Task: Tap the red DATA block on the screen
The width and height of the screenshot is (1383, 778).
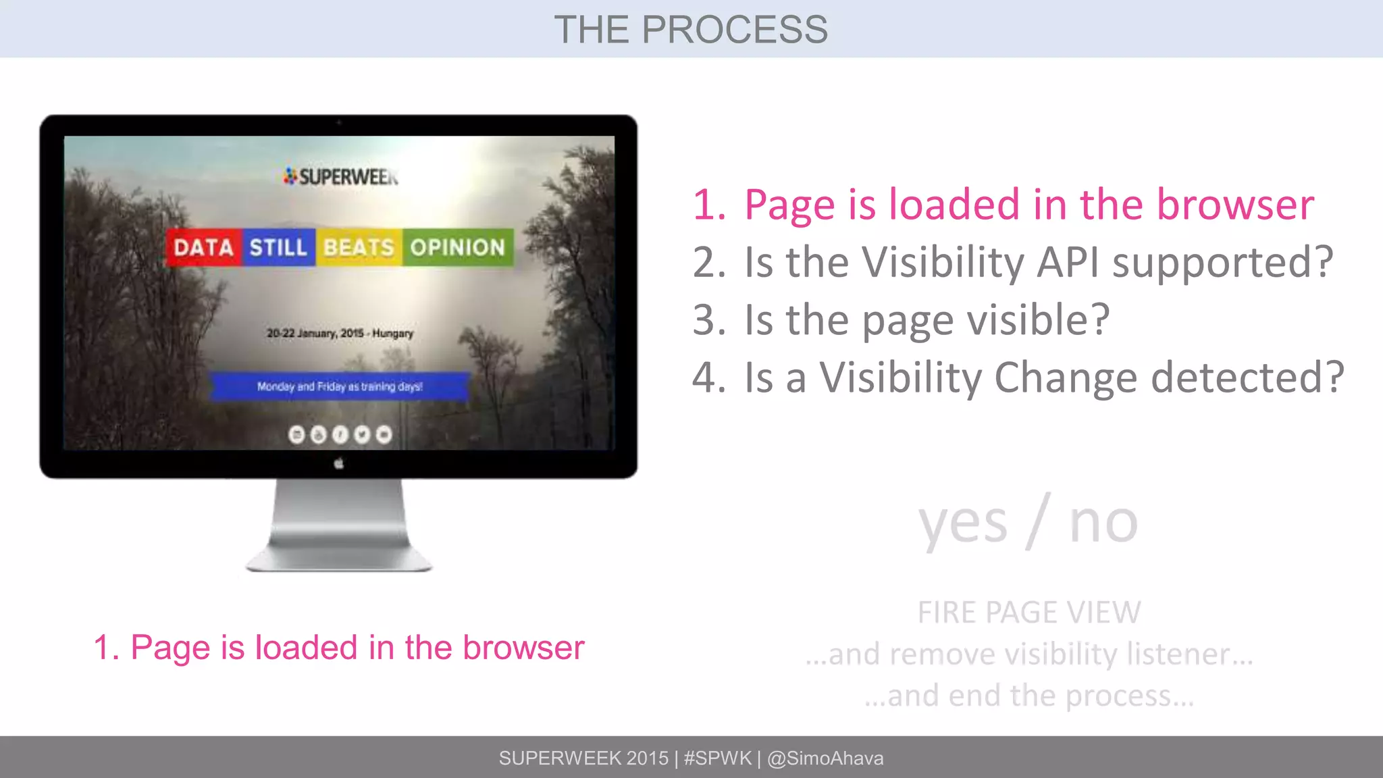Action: click(x=203, y=247)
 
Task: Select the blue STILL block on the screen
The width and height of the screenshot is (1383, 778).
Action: click(x=278, y=247)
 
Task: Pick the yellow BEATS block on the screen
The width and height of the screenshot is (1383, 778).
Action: click(x=359, y=247)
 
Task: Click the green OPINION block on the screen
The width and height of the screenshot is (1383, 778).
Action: click(x=458, y=247)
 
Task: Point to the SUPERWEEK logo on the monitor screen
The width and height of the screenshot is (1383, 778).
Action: click(x=341, y=177)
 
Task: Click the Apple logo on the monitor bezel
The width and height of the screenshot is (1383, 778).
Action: click(x=339, y=464)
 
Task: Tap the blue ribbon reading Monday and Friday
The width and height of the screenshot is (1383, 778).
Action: click(x=339, y=386)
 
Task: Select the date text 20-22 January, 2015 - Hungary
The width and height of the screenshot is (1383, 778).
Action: click(x=340, y=333)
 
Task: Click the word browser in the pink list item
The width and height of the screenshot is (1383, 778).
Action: click(x=1235, y=204)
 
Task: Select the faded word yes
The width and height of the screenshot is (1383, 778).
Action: click(x=962, y=523)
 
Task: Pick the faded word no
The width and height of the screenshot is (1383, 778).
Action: click(x=1103, y=523)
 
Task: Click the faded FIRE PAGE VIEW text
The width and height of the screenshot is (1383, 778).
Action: click(x=1028, y=613)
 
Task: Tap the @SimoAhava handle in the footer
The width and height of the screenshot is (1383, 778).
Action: click(x=825, y=758)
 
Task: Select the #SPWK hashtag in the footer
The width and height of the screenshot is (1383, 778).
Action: click(x=717, y=758)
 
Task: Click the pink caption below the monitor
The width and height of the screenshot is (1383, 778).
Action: click(x=339, y=648)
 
